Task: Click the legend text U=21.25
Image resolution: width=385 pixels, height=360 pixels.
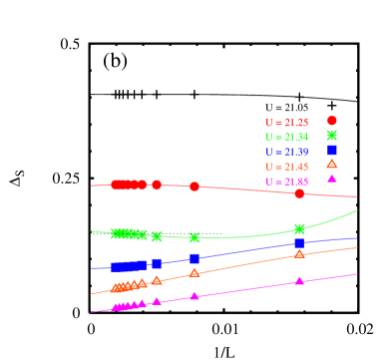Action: [x=286, y=122]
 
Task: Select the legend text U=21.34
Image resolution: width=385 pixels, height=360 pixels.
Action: [x=286, y=137]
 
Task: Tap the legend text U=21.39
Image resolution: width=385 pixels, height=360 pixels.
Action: [x=286, y=152]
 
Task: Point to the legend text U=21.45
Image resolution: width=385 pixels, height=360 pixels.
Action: [x=286, y=167]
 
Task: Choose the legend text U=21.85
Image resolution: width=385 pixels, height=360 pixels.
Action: [x=286, y=181]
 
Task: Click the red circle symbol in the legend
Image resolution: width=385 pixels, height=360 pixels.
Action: [x=332, y=120]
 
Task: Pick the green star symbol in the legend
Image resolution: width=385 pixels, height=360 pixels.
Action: [x=332, y=135]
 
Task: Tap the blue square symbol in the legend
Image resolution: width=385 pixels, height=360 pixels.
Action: [x=332, y=150]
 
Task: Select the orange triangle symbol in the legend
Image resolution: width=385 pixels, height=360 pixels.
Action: [x=332, y=165]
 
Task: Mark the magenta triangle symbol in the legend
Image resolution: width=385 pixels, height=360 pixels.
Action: [x=332, y=179]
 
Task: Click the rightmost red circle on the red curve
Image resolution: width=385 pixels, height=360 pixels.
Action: [x=299, y=193]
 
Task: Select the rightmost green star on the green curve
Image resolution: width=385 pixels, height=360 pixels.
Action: [x=299, y=228]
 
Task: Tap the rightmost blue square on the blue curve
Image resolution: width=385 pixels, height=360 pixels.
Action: [x=299, y=243]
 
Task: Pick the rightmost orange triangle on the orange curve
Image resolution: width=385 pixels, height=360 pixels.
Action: [x=299, y=254]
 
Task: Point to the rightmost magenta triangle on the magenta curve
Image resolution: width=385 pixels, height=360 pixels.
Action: [x=299, y=281]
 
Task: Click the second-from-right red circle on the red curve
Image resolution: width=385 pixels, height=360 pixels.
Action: [x=194, y=186]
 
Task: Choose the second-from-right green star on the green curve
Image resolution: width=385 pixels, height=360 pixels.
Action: [x=194, y=237]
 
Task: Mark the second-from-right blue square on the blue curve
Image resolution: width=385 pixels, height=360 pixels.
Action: [x=194, y=258]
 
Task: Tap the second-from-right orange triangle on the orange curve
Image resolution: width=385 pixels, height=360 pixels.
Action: [x=194, y=272]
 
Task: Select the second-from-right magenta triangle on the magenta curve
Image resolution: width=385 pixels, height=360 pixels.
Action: [x=194, y=296]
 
